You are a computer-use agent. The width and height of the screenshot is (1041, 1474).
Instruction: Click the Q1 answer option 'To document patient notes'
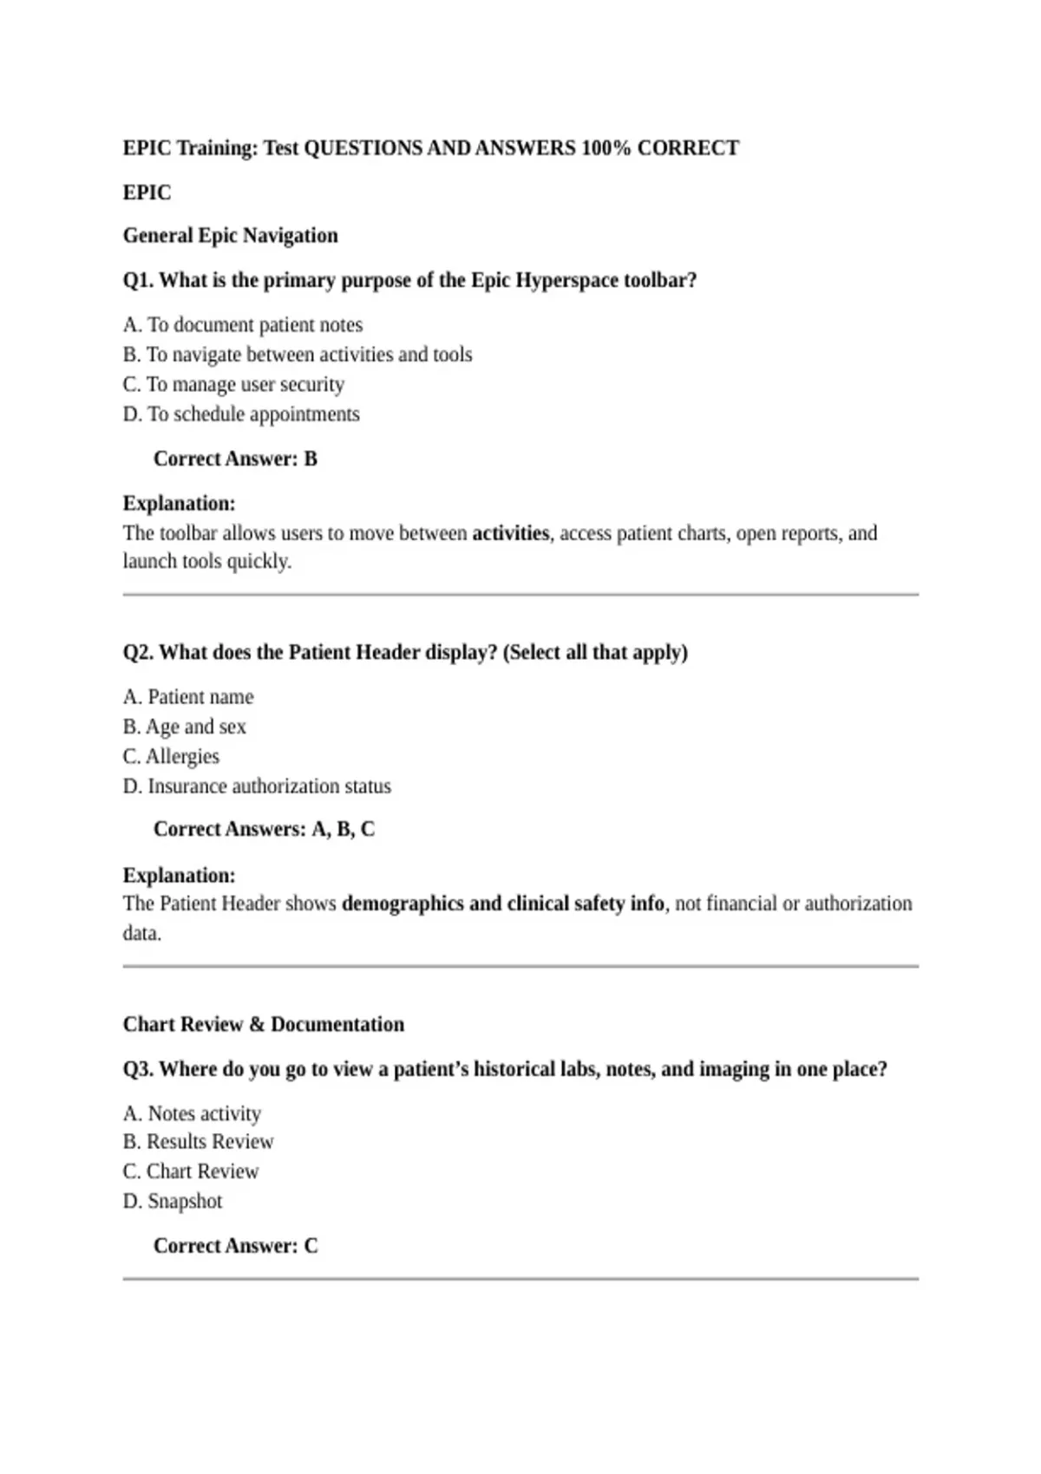(243, 325)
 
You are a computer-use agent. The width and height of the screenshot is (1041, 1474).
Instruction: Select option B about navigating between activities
(298, 355)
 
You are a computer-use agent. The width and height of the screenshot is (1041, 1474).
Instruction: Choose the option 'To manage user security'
(233, 384)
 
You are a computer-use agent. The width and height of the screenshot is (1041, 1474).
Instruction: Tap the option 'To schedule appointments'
(241, 414)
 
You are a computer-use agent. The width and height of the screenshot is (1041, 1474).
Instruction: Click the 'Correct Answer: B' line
(235, 459)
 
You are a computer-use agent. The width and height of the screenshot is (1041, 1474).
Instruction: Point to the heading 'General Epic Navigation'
(230, 236)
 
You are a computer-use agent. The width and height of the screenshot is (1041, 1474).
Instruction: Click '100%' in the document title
(606, 148)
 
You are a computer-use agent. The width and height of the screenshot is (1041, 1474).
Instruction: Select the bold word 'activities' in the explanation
(510, 533)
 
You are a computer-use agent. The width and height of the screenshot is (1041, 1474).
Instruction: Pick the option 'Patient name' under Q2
(188, 697)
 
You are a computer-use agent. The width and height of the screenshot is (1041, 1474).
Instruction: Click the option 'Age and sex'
(185, 727)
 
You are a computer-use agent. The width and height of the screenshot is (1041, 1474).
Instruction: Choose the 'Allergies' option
(171, 756)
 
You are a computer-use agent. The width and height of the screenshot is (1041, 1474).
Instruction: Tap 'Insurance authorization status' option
(257, 786)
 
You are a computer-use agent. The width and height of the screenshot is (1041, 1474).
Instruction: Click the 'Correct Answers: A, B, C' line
(264, 830)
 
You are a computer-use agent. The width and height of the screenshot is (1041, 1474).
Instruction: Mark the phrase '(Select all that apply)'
(595, 653)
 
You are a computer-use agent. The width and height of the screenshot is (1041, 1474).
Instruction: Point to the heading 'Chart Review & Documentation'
(263, 1025)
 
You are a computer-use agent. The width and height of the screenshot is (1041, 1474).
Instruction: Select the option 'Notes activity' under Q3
(192, 1113)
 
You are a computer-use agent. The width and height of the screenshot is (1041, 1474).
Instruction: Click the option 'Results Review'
(198, 1142)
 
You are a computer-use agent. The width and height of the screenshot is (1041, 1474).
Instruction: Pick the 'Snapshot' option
(173, 1202)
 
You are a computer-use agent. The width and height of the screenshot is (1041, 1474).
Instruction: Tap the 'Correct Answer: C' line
(235, 1246)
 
